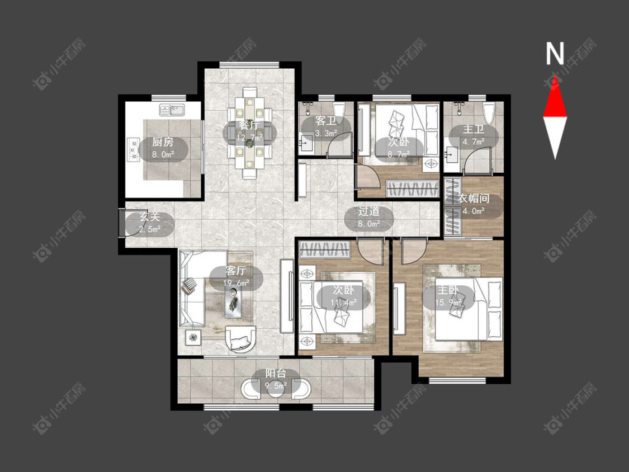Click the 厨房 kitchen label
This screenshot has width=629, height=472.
163,142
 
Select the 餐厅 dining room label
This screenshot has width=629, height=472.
249,125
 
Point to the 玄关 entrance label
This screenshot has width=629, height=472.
150,217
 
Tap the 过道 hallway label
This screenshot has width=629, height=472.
368,212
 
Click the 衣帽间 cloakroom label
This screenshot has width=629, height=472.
474,199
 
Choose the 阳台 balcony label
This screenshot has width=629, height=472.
276,374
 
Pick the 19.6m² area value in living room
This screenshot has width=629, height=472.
237,284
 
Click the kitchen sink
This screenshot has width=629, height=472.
172,110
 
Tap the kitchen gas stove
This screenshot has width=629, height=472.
133,150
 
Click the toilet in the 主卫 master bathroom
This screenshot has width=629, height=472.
489,112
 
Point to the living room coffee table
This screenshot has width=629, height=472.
234,301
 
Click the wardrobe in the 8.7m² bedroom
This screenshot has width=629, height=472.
412,189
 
